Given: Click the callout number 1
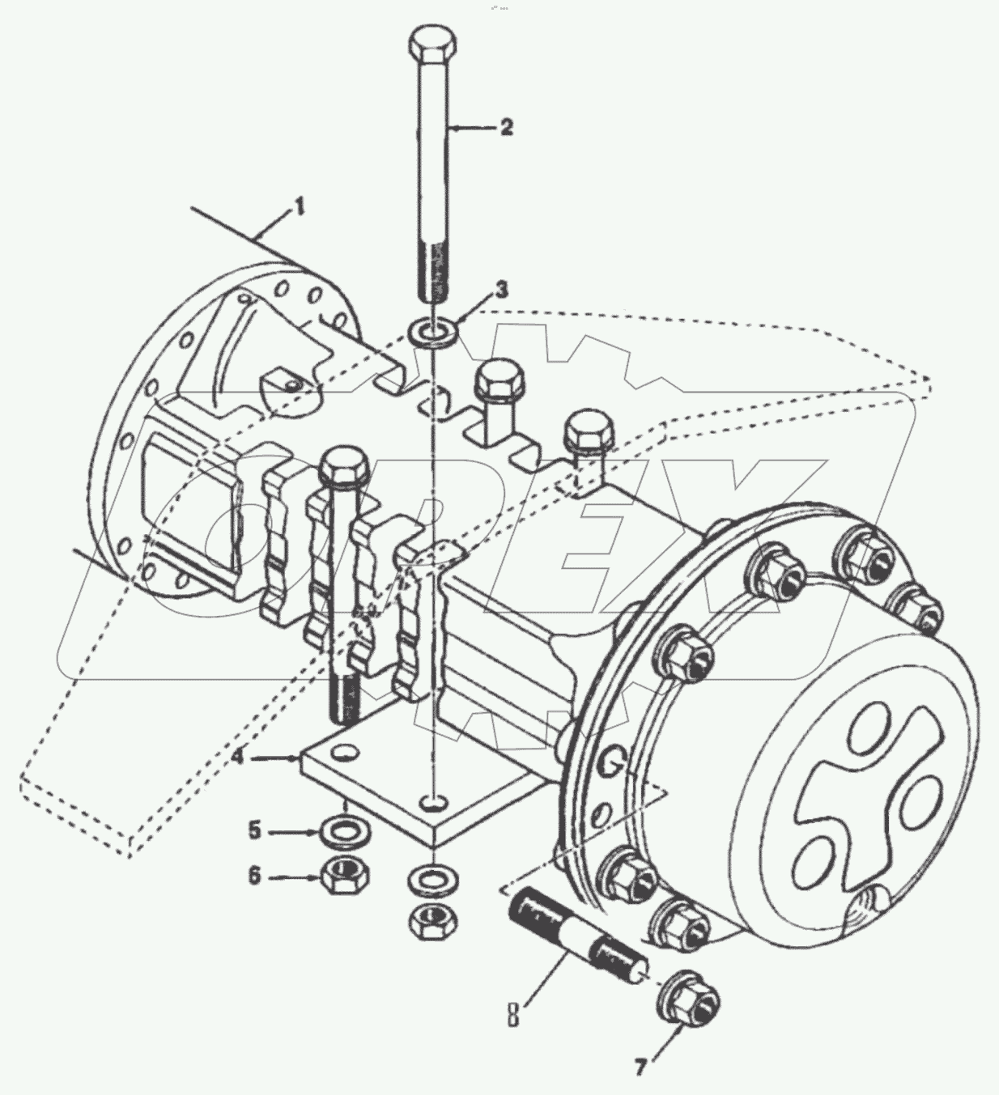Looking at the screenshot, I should point(300,207).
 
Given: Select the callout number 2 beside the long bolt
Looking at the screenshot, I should point(506,127).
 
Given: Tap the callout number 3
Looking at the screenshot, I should point(502,288).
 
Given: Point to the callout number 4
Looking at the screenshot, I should point(237,758).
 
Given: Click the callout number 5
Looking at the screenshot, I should point(254,830).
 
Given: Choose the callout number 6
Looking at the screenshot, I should point(254,875).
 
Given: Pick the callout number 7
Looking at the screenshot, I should point(640,1068).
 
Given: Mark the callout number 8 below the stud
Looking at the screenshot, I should point(512,1013).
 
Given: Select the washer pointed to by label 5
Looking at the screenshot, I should point(347,830).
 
